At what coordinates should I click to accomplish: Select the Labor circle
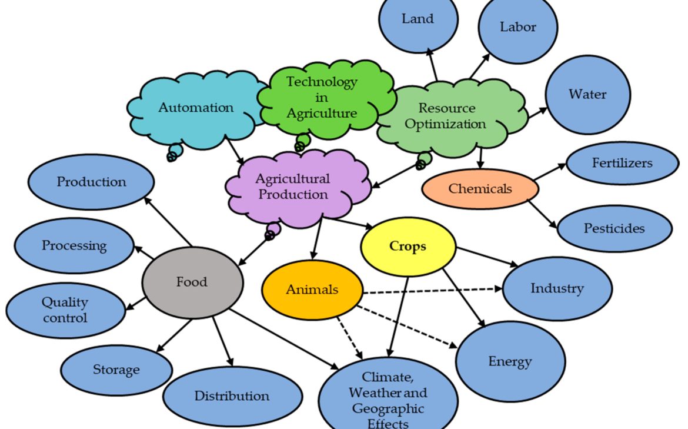coord(517,28)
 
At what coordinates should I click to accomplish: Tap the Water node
coord(587,95)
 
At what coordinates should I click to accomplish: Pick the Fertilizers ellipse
coord(622,163)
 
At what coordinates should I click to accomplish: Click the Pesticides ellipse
coord(614,228)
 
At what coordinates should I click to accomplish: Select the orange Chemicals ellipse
coord(480,189)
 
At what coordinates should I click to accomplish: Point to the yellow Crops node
coord(408,246)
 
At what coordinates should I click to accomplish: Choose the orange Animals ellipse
coord(312,290)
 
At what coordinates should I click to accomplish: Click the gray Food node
coord(192,282)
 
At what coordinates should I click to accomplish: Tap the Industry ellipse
coord(557,288)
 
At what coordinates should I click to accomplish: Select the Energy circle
coord(510,361)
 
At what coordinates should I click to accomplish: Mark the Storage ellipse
coord(116,370)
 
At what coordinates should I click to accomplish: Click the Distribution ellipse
coord(232,396)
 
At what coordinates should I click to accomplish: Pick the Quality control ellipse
coord(65,310)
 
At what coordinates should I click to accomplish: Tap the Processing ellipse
coord(74,245)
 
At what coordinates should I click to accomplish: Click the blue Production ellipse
coord(91,182)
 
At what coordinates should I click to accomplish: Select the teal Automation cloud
coord(196,108)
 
